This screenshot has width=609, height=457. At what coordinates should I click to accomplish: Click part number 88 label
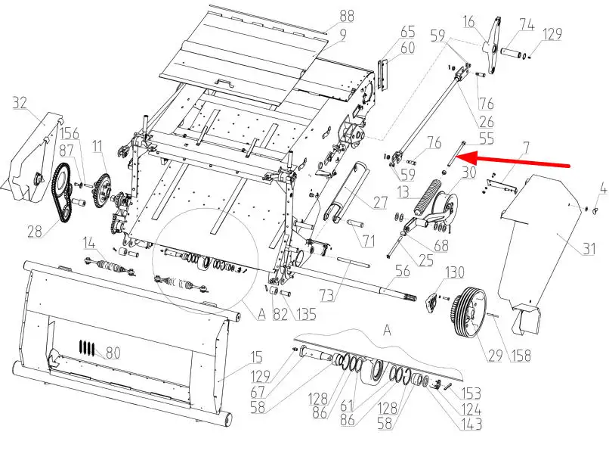click(347, 17)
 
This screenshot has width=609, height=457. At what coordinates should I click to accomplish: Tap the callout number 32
click(20, 104)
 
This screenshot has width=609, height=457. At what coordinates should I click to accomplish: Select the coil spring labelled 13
click(425, 197)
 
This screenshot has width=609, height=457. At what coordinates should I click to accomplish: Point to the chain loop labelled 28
click(62, 193)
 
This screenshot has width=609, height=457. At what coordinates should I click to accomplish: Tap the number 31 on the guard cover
click(589, 248)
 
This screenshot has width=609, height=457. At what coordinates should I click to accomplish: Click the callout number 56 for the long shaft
click(402, 271)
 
